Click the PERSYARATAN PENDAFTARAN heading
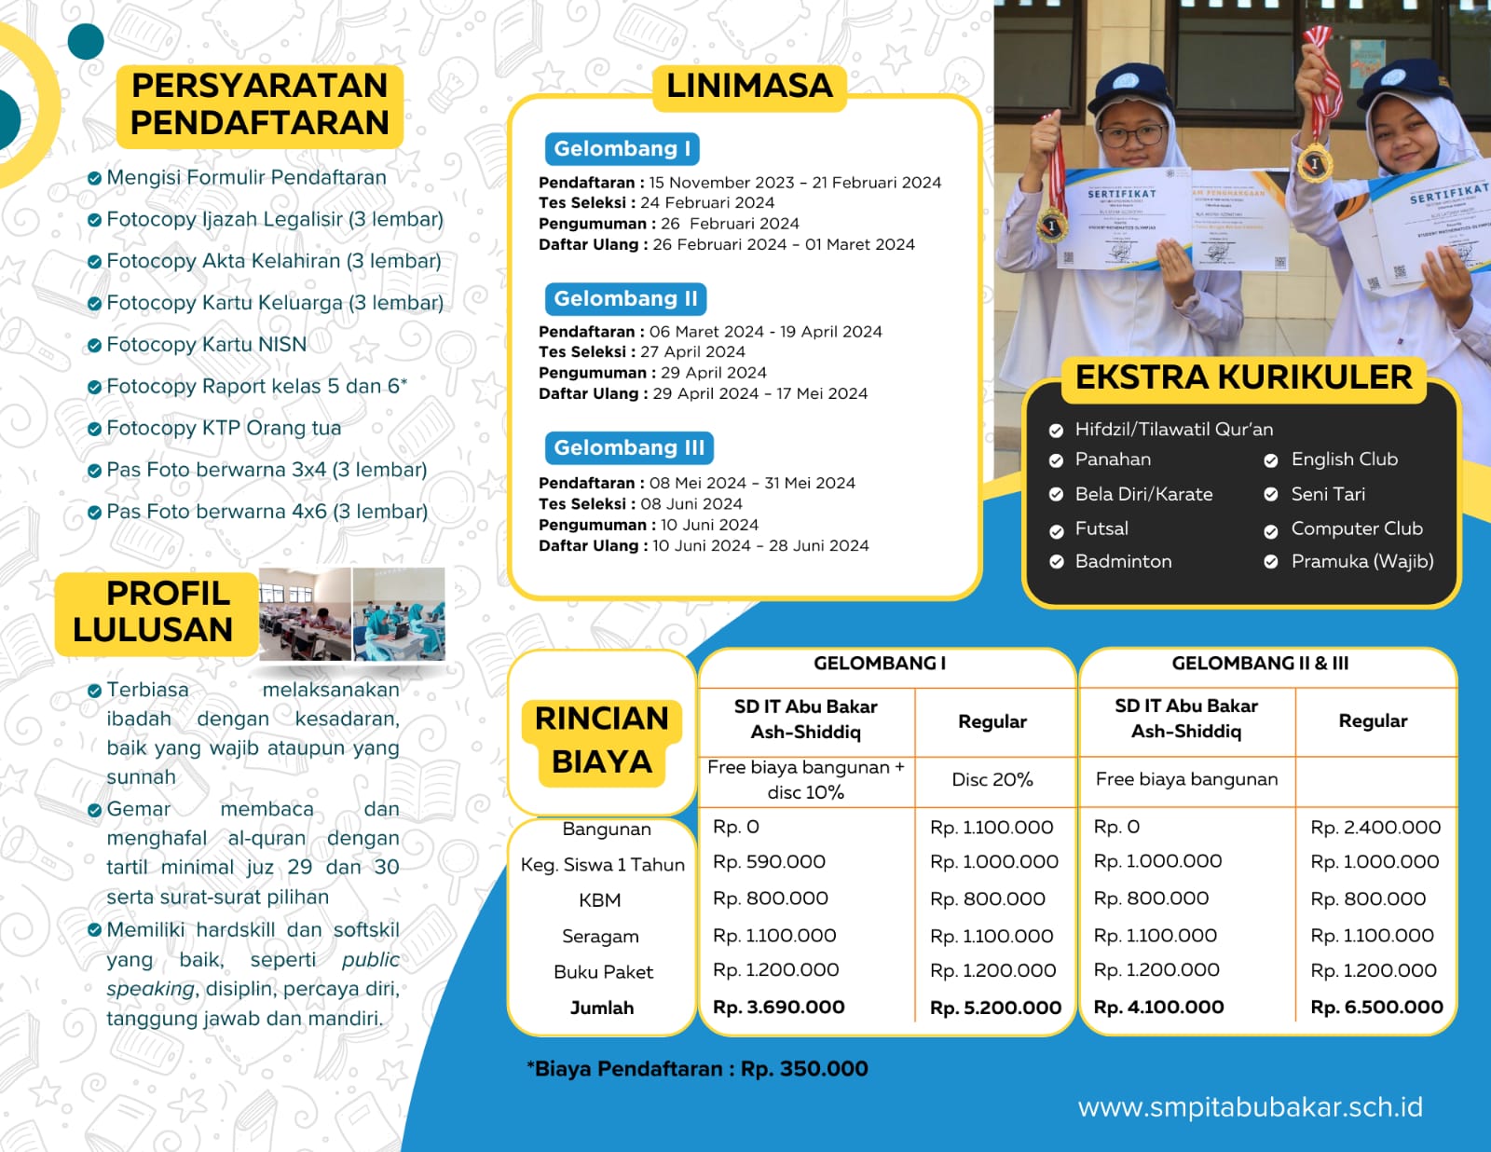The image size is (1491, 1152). (x=259, y=103)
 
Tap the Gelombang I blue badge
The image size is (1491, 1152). (x=622, y=149)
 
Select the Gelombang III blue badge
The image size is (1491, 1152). (x=629, y=447)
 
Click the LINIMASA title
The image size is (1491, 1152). (x=749, y=86)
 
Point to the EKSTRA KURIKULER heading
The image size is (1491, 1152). (x=1243, y=377)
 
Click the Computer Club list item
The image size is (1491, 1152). (x=1356, y=528)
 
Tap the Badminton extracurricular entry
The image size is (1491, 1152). (x=1123, y=561)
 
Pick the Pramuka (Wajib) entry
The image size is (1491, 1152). (x=1361, y=561)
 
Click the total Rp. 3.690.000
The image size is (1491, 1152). (x=778, y=1007)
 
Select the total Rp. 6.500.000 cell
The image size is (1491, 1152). (x=1376, y=1007)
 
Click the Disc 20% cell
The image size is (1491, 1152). (x=992, y=779)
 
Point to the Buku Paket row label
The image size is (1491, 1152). (x=603, y=972)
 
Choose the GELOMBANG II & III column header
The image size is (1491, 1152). (x=1260, y=664)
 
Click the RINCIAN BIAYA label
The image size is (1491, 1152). (x=602, y=740)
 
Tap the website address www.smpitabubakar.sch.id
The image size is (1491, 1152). (x=1250, y=1107)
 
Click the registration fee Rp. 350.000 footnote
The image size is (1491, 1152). (x=698, y=1069)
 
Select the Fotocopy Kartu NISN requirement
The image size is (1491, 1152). (x=206, y=345)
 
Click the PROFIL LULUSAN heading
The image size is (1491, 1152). (x=155, y=611)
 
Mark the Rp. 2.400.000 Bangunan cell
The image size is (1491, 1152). (x=1375, y=828)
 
